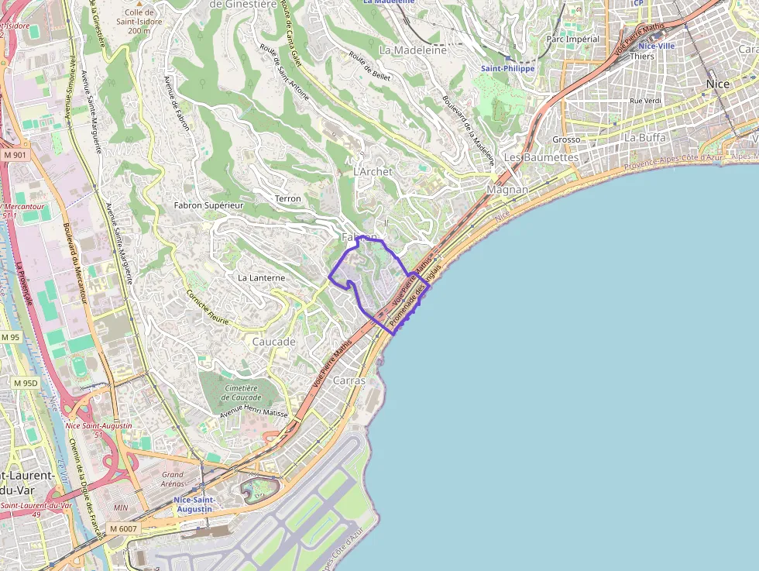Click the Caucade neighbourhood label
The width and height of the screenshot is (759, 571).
(x=274, y=341)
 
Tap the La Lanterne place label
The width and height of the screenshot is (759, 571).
(x=261, y=277)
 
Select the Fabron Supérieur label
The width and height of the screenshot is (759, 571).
(x=208, y=205)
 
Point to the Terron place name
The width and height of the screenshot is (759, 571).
(x=288, y=199)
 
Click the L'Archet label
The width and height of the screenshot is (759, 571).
(x=373, y=171)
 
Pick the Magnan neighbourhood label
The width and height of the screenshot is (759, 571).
(x=507, y=190)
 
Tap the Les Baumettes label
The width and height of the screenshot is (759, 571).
(x=541, y=157)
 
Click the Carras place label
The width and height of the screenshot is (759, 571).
(x=349, y=380)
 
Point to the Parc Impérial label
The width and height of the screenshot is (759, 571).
(x=573, y=39)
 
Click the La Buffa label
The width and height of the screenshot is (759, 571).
(x=645, y=137)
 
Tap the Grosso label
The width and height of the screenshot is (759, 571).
(x=566, y=139)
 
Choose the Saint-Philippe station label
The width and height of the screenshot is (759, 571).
(x=507, y=68)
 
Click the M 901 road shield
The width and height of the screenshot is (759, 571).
(x=14, y=155)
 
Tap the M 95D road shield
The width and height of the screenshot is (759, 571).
(x=25, y=383)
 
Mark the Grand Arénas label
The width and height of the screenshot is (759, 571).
(x=173, y=479)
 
